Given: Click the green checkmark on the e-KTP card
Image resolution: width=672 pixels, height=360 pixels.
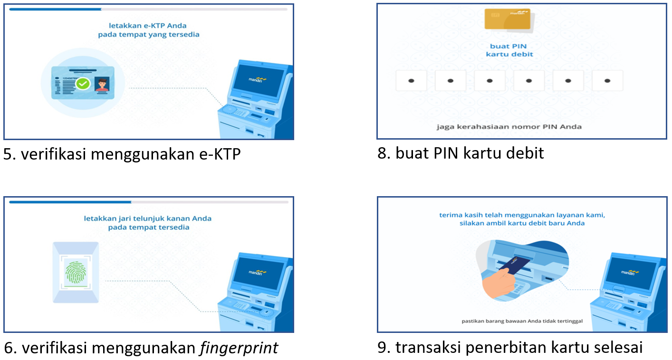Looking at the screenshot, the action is pyautogui.click(x=83, y=84).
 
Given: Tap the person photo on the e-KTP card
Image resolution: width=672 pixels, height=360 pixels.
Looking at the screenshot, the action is pyautogui.click(x=102, y=84).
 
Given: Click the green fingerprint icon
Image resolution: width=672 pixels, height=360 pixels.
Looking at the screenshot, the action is pyautogui.click(x=76, y=272).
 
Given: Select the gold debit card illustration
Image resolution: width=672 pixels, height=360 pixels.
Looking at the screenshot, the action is pyautogui.click(x=508, y=19).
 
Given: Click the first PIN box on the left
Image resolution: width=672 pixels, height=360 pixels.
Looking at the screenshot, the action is pyautogui.click(x=411, y=81).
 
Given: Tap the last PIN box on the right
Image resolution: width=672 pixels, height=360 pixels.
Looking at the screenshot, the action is pyautogui.click(x=607, y=81).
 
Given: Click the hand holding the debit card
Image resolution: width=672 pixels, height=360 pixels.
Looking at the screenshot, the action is pyautogui.click(x=498, y=283).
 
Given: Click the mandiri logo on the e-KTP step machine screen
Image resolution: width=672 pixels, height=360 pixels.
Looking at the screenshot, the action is pyautogui.click(x=257, y=79).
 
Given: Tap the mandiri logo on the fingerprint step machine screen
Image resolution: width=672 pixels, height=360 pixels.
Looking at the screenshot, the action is pyautogui.click(x=257, y=272).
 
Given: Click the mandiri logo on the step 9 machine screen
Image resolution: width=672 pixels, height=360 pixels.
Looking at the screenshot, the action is pyautogui.click(x=630, y=272).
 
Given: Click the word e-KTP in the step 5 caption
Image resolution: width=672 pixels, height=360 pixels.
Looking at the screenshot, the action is pyautogui.click(x=220, y=154).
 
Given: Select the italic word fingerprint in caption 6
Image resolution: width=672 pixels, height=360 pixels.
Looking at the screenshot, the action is pyautogui.click(x=239, y=348).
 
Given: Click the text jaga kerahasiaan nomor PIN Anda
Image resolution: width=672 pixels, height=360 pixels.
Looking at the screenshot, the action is pyautogui.click(x=509, y=127).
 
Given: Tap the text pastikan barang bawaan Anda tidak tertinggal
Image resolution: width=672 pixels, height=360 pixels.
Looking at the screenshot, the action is pyautogui.click(x=522, y=321).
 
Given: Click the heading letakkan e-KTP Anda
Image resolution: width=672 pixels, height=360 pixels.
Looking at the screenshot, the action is pyautogui.click(x=148, y=26).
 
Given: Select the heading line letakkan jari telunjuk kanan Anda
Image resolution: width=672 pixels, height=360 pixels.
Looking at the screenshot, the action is pyautogui.click(x=148, y=218).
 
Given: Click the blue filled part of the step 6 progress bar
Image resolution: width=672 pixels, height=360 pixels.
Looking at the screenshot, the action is pyautogui.click(x=70, y=202).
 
